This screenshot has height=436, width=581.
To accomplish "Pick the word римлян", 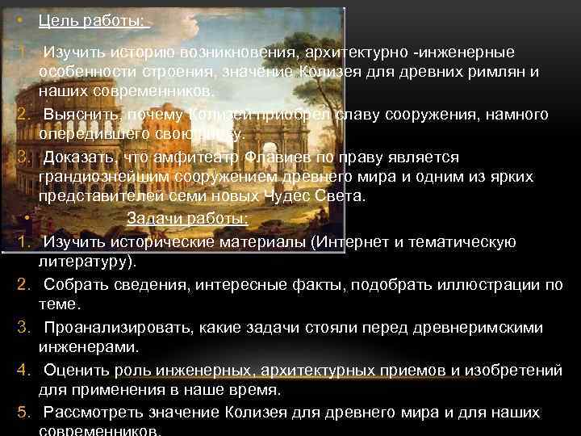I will click(x=489, y=73).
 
